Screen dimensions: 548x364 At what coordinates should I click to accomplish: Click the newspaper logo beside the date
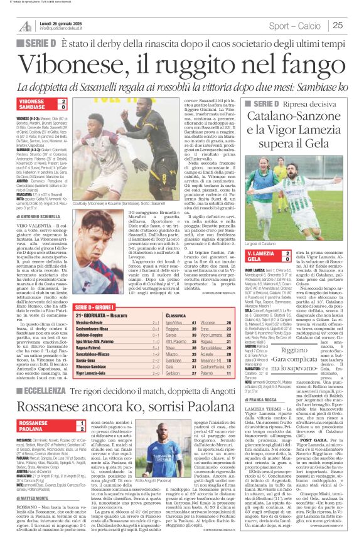click(x=24, y=25)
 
